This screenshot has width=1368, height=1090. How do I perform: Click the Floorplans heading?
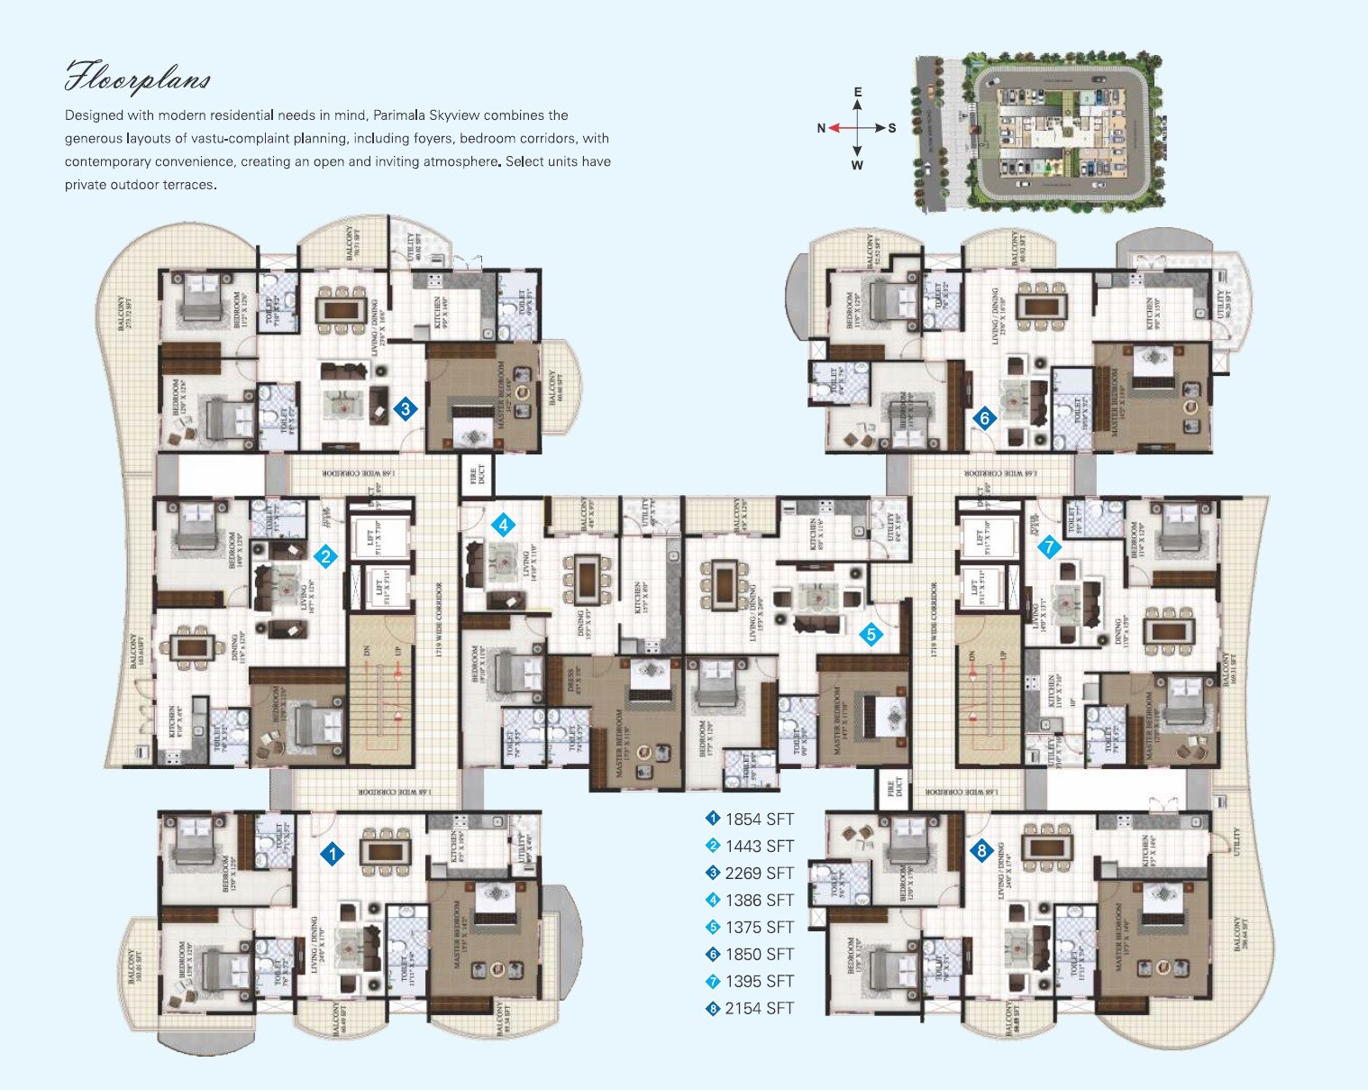coord(137,78)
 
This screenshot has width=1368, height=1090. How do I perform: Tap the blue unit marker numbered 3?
coord(406,408)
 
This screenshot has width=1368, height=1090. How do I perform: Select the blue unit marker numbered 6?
coord(984,417)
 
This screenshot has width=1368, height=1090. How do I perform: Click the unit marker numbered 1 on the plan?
coord(333,853)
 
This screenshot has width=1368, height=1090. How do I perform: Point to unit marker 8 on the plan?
coord(980,849)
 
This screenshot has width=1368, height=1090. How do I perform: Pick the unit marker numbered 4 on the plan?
coord(503,525)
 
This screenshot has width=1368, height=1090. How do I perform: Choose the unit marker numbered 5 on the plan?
coord(871,634)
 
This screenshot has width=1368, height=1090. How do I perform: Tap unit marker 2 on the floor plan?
coord(325,556)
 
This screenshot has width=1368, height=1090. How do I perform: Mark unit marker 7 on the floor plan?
coord(1048,546)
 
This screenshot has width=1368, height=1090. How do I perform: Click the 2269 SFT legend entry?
coord(750,873)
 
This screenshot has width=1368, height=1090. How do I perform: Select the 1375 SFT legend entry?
coord(750,927)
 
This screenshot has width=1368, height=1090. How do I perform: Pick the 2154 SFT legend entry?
coord(750,1008)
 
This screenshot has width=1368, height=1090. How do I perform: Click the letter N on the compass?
coord(821,128)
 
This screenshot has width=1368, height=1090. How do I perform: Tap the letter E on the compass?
coord(857,92)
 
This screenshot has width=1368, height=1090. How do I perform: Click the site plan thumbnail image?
coord(1038,133)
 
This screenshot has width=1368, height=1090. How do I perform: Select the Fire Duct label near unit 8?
coord(891,789)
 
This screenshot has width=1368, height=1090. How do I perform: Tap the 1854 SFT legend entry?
coord(750,819)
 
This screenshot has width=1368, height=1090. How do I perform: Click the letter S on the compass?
coord(892,128)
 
